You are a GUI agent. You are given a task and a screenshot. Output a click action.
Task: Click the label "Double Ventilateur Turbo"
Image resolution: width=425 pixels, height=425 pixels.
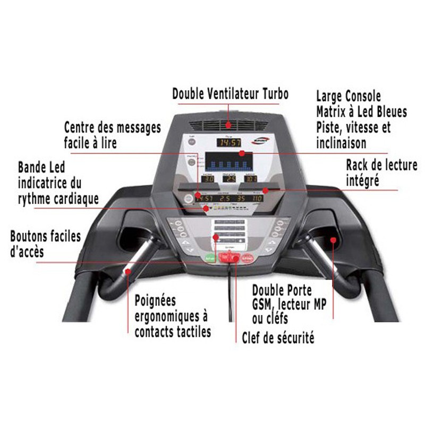[x=230, y=94]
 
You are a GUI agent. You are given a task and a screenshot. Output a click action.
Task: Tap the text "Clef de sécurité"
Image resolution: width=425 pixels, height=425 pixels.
[x=278, y=337]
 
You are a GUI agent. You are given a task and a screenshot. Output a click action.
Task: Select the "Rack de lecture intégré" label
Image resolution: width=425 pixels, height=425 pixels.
[x=381, y=172]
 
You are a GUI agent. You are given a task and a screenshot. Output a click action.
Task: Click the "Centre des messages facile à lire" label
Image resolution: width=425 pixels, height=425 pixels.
[x=112, y=135]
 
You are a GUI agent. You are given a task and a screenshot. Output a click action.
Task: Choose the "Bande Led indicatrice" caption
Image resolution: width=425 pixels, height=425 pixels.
[x=58, y=183]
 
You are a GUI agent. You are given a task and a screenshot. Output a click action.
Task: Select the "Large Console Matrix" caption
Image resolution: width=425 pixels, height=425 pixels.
[x=361, y=120]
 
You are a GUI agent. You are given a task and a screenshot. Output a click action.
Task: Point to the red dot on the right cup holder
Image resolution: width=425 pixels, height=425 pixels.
[x=334, y=239]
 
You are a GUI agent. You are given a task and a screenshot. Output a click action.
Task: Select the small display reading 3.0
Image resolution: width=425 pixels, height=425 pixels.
[x=209, y=179]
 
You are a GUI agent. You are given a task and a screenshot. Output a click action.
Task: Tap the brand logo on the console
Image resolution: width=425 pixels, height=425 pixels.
[x=263, y=141]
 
